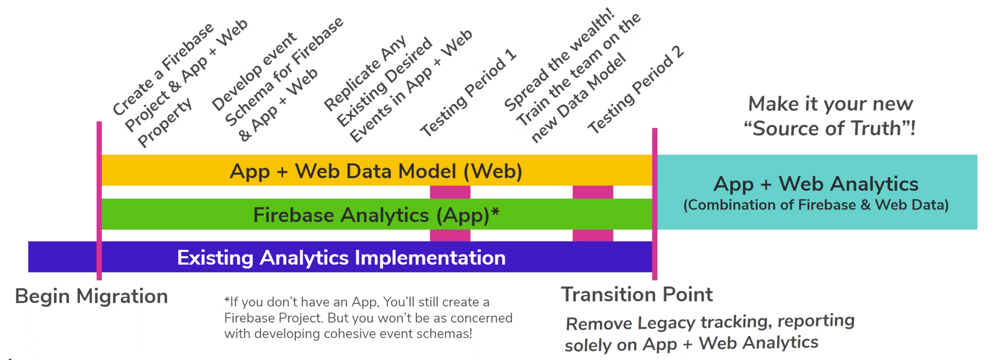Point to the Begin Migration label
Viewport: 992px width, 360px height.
pos(91,296)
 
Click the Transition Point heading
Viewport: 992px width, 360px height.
pos(636,294)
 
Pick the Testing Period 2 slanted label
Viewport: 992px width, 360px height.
pos(636,89)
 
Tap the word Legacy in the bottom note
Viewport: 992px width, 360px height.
pos(666,323)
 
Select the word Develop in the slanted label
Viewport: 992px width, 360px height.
pos(255,72)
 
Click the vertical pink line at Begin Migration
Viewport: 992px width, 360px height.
pos(99,201)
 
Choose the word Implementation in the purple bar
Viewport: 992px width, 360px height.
pos(430,257)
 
